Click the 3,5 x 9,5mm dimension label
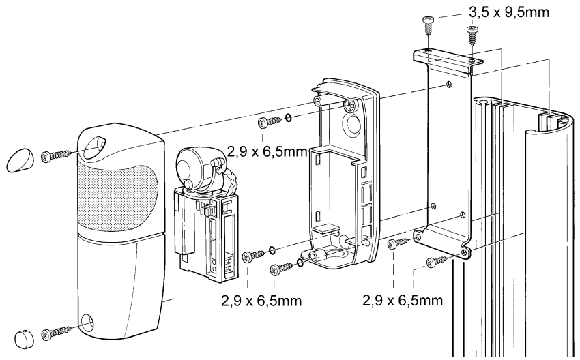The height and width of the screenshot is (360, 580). click(509, 12)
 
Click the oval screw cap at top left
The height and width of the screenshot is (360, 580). click(19, 160)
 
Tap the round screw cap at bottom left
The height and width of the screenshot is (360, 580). click(24, 338)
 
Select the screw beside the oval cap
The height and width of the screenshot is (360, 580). click(56, 155)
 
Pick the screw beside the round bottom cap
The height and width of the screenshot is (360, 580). click(56, 333)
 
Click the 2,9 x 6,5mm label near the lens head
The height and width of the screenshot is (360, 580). click(267, 151)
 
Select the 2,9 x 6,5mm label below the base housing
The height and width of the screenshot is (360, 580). click(261, 300)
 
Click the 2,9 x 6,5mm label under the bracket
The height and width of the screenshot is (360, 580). click(403, 300)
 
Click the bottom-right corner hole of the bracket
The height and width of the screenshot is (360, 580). click(464, 252)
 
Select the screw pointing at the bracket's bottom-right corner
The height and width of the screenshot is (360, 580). click(438, 262)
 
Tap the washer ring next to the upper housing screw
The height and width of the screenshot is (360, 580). click(288, 118)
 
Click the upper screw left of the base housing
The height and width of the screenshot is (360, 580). click(270, 121)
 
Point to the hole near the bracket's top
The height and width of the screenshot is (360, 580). click(449, 85)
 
